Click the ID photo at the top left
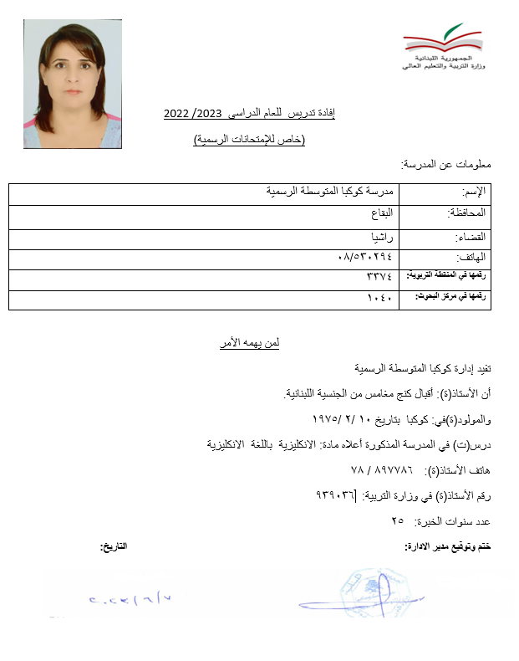[x=73, y=85]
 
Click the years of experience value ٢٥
[x=397, y=521]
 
